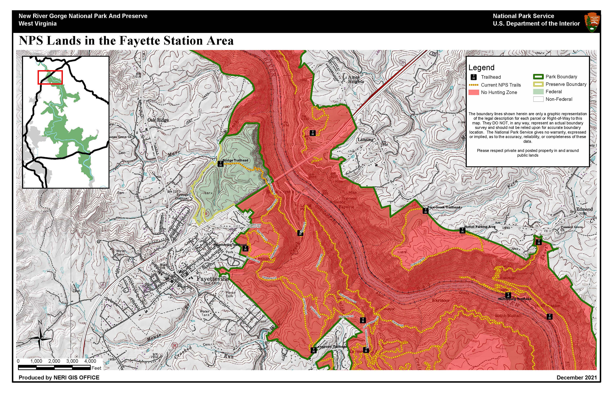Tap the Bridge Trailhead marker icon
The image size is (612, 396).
coord(220,164)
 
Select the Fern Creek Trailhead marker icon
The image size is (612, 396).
coord(426,211)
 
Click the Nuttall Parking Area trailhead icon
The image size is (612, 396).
coord(462,230)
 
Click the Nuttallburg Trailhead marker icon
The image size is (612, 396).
coord(508,295)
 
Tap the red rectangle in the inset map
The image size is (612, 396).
coord(50,77)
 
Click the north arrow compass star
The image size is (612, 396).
coord(40,339)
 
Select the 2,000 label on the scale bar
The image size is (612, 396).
coord(54,361)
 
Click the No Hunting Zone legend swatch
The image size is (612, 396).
coord(474,92)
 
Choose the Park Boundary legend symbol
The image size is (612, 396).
coord(538,77)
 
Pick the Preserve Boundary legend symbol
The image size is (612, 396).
coord(538,84)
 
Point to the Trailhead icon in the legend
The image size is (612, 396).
coord(474,77)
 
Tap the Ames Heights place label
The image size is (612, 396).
coord(356,79)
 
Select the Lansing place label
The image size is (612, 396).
coord(365,140)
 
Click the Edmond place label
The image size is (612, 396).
coord(584,209)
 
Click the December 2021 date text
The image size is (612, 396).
coord(577,377)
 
